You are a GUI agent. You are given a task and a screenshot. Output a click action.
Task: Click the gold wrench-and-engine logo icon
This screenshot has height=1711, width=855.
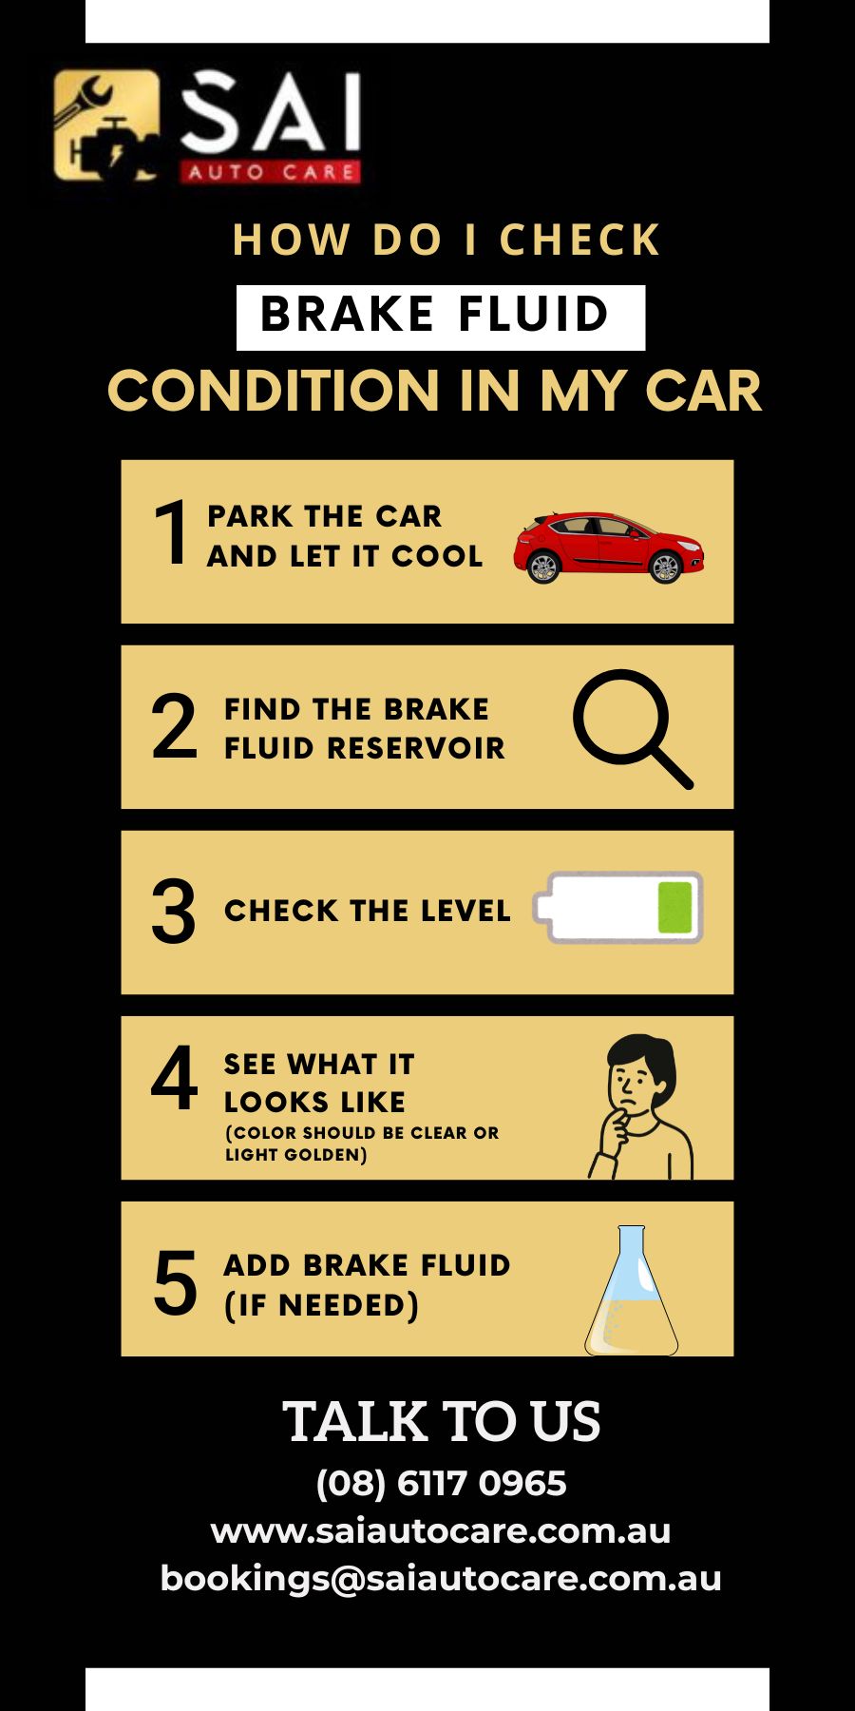tap(106, 125)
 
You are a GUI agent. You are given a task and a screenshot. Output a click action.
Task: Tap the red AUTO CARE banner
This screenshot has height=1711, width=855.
tap(270, 172)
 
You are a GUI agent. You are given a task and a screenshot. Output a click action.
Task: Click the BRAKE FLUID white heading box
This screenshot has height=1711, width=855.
tap(441, 317)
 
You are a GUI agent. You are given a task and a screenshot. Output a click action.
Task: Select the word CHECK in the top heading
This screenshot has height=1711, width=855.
tap(579, 240)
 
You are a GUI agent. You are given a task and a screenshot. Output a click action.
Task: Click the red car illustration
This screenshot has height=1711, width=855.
tap(609, 547)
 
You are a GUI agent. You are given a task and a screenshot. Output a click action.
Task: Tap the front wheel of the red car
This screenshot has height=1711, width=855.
tap(665, 567)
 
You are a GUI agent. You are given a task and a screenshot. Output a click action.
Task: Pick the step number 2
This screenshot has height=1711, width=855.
tap(174, 726)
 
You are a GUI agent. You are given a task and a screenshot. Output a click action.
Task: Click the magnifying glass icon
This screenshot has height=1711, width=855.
tap(633, 729)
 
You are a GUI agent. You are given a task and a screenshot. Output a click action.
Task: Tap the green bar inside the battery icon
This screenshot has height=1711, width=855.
tap(674, 907)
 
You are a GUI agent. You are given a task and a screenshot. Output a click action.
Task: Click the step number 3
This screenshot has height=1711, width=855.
tap(174, 912)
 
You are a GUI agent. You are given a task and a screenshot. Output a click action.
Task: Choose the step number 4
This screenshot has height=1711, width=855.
tap(174, 1078)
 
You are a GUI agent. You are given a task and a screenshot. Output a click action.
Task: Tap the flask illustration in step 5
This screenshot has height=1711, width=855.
tap(632, 1290)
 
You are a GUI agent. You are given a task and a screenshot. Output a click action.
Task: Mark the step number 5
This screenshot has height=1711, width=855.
tap(175, 1283)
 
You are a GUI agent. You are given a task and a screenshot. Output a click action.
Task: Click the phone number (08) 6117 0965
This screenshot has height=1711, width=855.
tap(441, 1483)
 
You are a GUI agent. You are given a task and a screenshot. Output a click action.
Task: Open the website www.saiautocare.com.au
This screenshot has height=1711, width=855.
tap(441, 1530)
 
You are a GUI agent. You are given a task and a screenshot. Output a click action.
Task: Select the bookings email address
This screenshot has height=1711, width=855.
tap(441, 1578)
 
